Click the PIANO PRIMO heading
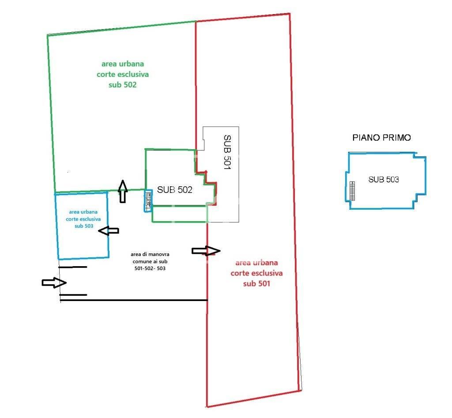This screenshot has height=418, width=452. [x=381, y=138]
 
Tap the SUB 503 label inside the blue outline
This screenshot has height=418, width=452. [x=384, y=180]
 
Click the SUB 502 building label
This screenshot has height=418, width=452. [x=175, y=190]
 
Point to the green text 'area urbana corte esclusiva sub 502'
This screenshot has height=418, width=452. [x=122, y=74]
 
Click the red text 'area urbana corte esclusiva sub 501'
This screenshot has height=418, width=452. [x=256, y=273]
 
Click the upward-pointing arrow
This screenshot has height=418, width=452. [x=123, y=191]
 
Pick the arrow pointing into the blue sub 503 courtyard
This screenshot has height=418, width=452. [x=109, y=230]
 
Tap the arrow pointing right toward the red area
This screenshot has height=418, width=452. [x=206, y=251]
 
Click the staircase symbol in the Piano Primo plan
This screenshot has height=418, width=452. [x=352, y=191]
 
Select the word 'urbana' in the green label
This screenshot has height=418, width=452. [x=132, y=64]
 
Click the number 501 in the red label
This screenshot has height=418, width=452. [x=263, y=283]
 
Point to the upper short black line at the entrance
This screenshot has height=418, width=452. [x=73, y=267]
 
